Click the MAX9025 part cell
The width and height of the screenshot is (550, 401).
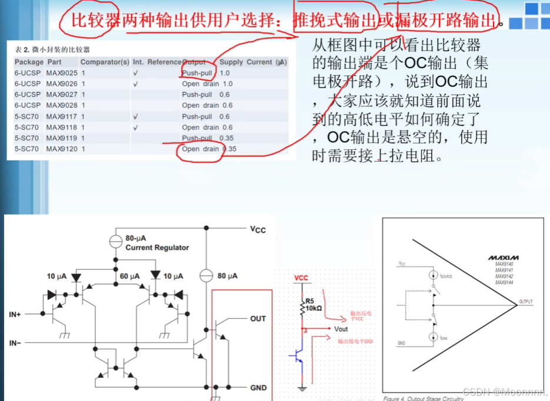tap(62, 73)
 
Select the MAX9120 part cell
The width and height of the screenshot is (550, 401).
tap(62, 149)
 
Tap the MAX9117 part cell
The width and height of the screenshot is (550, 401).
tap(62, 116)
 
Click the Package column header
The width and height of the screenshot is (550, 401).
tap(29, 62)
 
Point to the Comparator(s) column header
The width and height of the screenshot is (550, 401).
tap(105, 62)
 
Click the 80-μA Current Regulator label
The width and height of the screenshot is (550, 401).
tap(157, 243)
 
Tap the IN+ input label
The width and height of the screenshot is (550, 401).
tap(15, 315)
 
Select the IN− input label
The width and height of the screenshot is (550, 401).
tap(16, 343)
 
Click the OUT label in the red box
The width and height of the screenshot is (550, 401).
tap(258, 319)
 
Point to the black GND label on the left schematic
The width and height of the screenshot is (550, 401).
tap(258, 387)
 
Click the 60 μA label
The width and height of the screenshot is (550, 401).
tap(129, 276)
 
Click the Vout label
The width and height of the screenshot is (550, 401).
tap(341, 329)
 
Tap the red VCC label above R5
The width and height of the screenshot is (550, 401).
tap(301, 278)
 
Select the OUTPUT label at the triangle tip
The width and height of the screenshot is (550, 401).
tap(526, 302)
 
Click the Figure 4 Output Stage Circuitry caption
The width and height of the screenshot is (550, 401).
tap(423, 398)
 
